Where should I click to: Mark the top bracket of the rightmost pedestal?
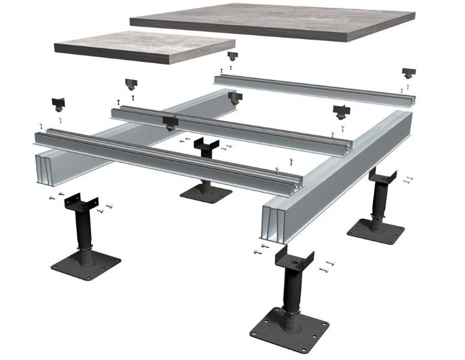tap(383, 176)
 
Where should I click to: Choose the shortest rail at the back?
tap(312, 90)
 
